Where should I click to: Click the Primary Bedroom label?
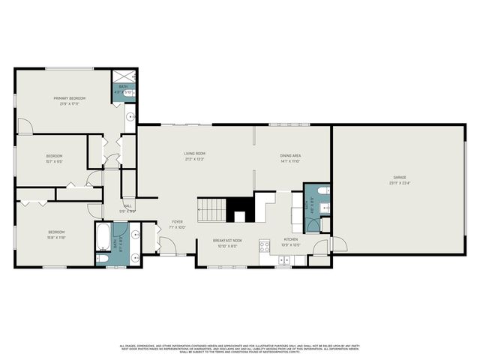coord(69,98)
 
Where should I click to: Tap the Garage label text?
coord(398,178)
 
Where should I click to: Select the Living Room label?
coord(195,154)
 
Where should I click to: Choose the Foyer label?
coord(178,222)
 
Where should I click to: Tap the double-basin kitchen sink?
coord(284,259)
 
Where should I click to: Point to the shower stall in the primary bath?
coord(121,77)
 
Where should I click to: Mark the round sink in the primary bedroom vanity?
coord(130,116)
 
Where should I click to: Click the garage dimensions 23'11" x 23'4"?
coord(398,183)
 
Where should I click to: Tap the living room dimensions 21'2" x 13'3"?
coord(195,159)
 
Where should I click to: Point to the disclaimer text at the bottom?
coord(240,348)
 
